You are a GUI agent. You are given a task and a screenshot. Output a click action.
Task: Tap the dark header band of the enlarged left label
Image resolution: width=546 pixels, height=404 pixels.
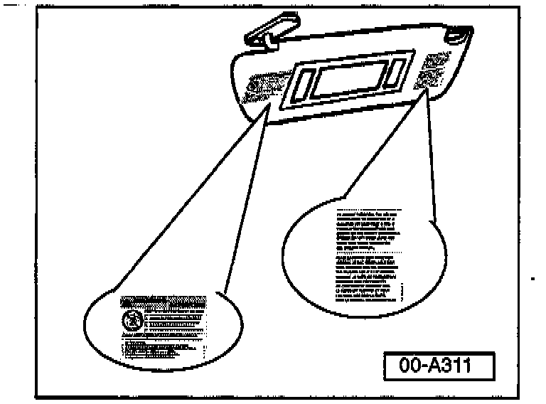(166, 301)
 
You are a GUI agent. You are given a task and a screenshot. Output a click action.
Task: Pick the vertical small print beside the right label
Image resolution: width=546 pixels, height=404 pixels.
(403, 292)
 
